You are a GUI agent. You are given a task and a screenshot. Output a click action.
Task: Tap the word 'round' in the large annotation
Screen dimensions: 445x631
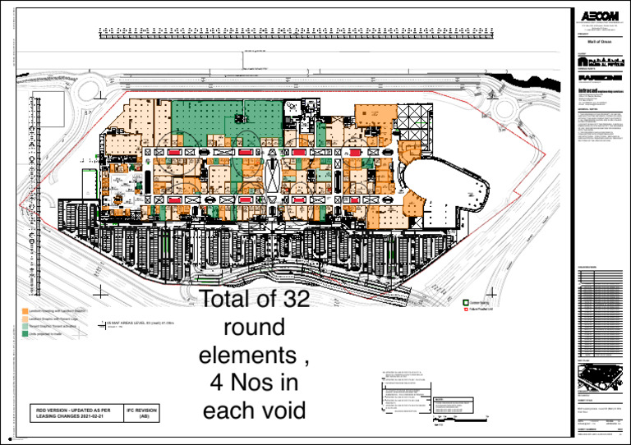point(255,328)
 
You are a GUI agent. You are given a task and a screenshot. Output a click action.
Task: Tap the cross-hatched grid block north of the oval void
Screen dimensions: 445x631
point(415,123)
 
